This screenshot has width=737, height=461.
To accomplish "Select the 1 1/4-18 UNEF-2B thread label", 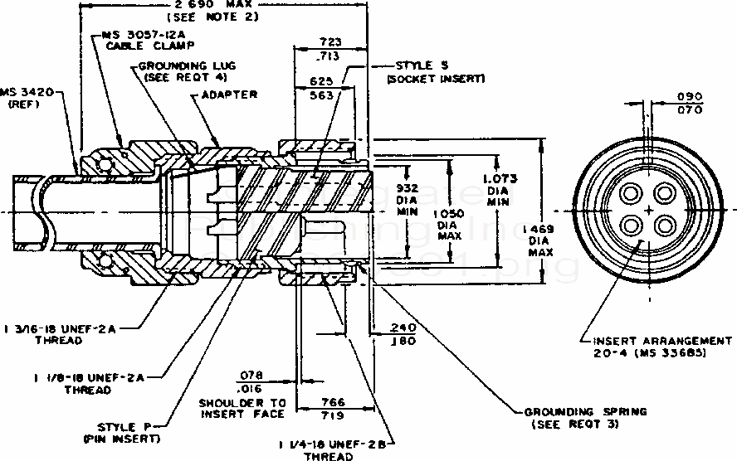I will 338,449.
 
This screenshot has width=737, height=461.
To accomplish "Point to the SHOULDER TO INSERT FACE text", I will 242,407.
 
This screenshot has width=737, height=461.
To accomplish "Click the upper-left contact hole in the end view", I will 632,193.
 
